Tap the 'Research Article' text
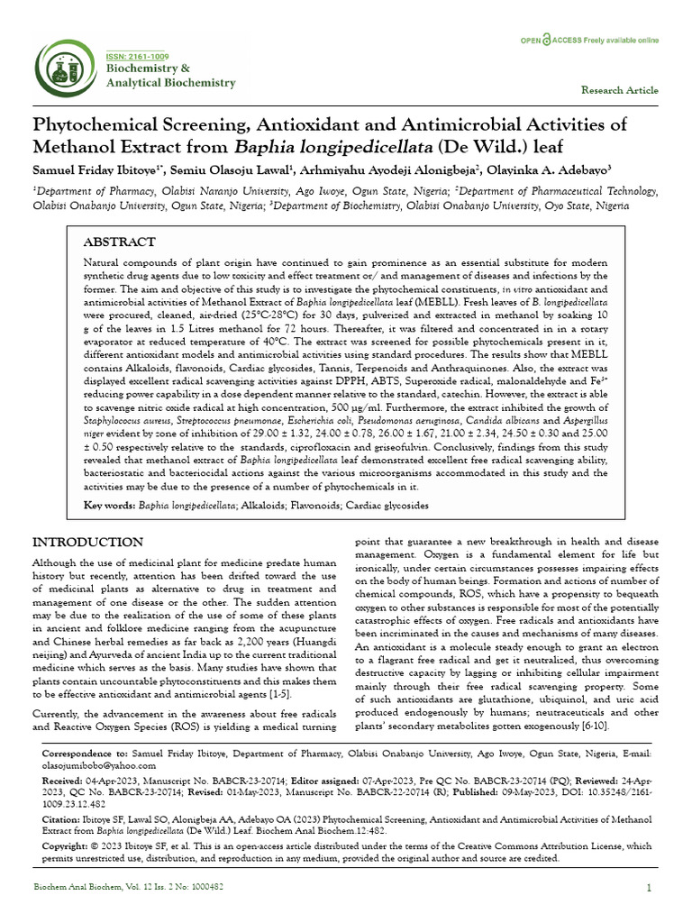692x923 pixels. pos(620,91)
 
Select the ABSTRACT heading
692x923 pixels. pos(119,242)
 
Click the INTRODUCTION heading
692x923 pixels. pos(87,542)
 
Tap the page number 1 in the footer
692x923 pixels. pos(649,888)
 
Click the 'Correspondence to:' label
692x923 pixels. pos(86,752)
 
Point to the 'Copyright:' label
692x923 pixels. pos(67,846)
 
